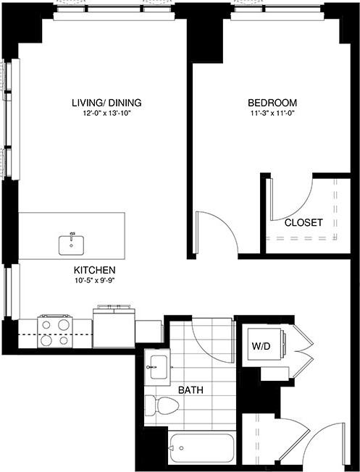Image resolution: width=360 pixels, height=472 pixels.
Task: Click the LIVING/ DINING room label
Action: (x=106, y=102)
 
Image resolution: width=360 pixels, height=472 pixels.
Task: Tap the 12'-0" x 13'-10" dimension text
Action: (x=106, y=113)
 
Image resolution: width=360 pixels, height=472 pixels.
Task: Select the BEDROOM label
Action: (x=273, y=104)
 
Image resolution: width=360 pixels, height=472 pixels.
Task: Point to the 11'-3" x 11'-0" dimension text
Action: (x=273, y=114)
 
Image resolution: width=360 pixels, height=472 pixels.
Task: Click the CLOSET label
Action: (x=304, y=223)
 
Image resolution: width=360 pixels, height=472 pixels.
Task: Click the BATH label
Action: (x=191, y=390)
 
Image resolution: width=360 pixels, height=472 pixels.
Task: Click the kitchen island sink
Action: (x=72, y=243)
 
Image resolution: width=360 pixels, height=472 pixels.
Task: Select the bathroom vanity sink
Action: (x=156, y=367)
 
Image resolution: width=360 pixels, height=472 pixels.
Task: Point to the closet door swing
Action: (x=293, y=199)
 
